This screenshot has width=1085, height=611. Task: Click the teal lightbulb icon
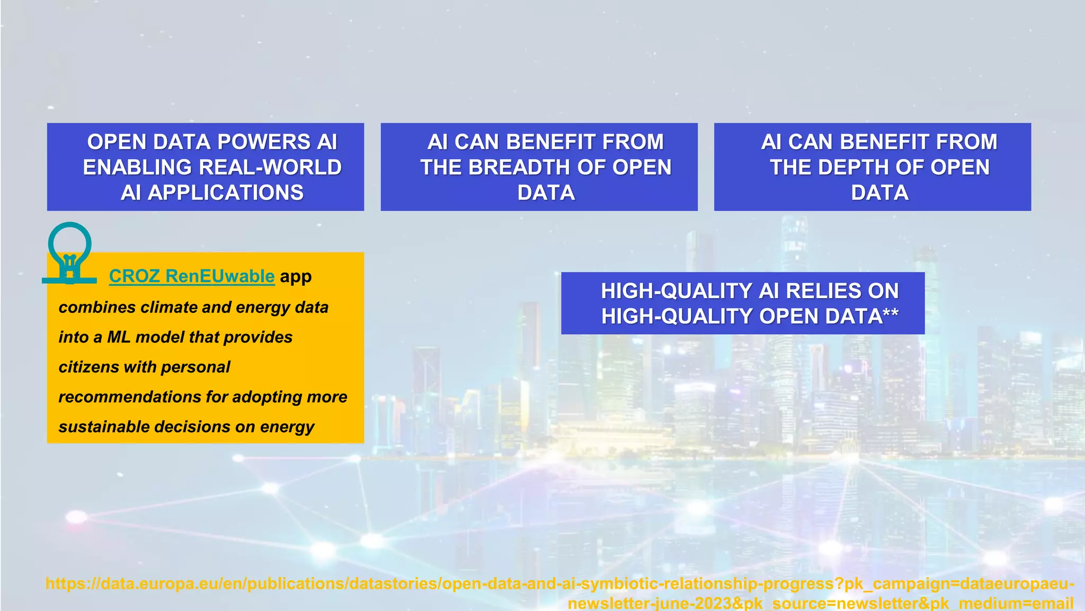click(x=69, y=252)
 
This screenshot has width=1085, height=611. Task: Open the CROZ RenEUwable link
click(x=192, y=276)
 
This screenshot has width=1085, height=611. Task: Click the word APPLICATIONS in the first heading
click(x=226, y=193)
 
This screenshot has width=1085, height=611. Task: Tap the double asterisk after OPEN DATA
click(x=891, y=316)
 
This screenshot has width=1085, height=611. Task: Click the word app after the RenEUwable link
click(x=296, y=277)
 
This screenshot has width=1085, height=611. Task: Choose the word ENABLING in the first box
click(x=137, y=168)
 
